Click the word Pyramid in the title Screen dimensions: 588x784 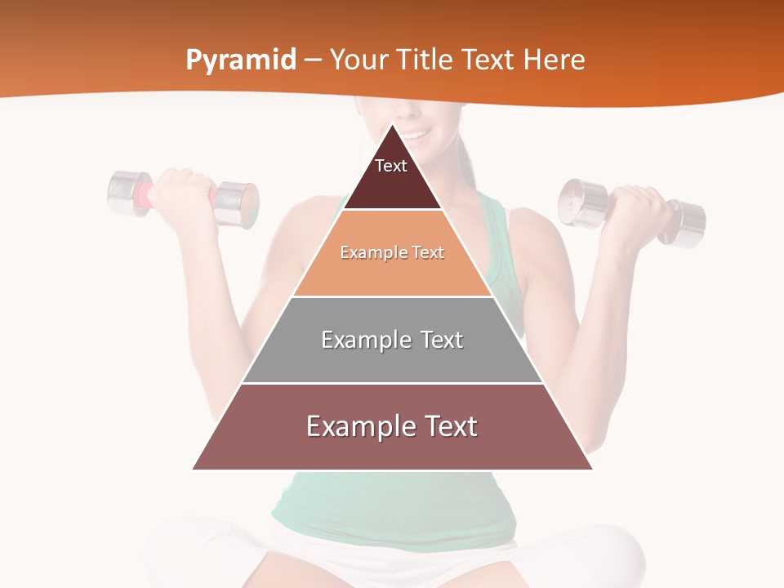[x=241, y=60]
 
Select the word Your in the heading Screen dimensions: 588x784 [x=357, y=60]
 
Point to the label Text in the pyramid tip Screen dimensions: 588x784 [x=391, y=166]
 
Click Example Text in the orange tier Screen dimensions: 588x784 [x=392, y=252]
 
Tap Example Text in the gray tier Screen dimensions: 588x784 [x=392, y=340]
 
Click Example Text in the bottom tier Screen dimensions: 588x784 [x=392, y=426]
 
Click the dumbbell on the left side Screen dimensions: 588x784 [x=183, y=197]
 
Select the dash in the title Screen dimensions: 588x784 [x=313, y=60]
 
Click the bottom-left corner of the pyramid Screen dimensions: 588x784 [x=193, y=470]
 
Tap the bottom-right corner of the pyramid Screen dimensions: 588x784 [x=592, y=470]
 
